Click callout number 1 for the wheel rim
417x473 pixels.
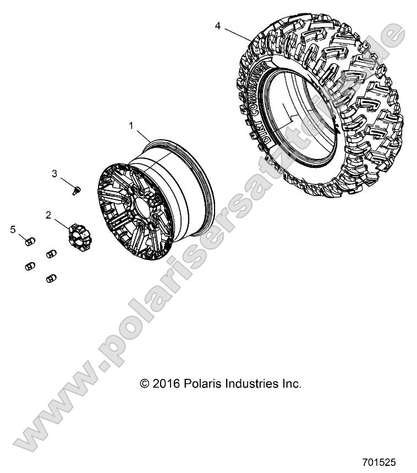(131, 126)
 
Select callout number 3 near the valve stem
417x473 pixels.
(54, 174)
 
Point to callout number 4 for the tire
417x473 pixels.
(218, 26)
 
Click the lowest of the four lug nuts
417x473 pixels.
(52, 278)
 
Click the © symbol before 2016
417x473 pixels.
(145, 384)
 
